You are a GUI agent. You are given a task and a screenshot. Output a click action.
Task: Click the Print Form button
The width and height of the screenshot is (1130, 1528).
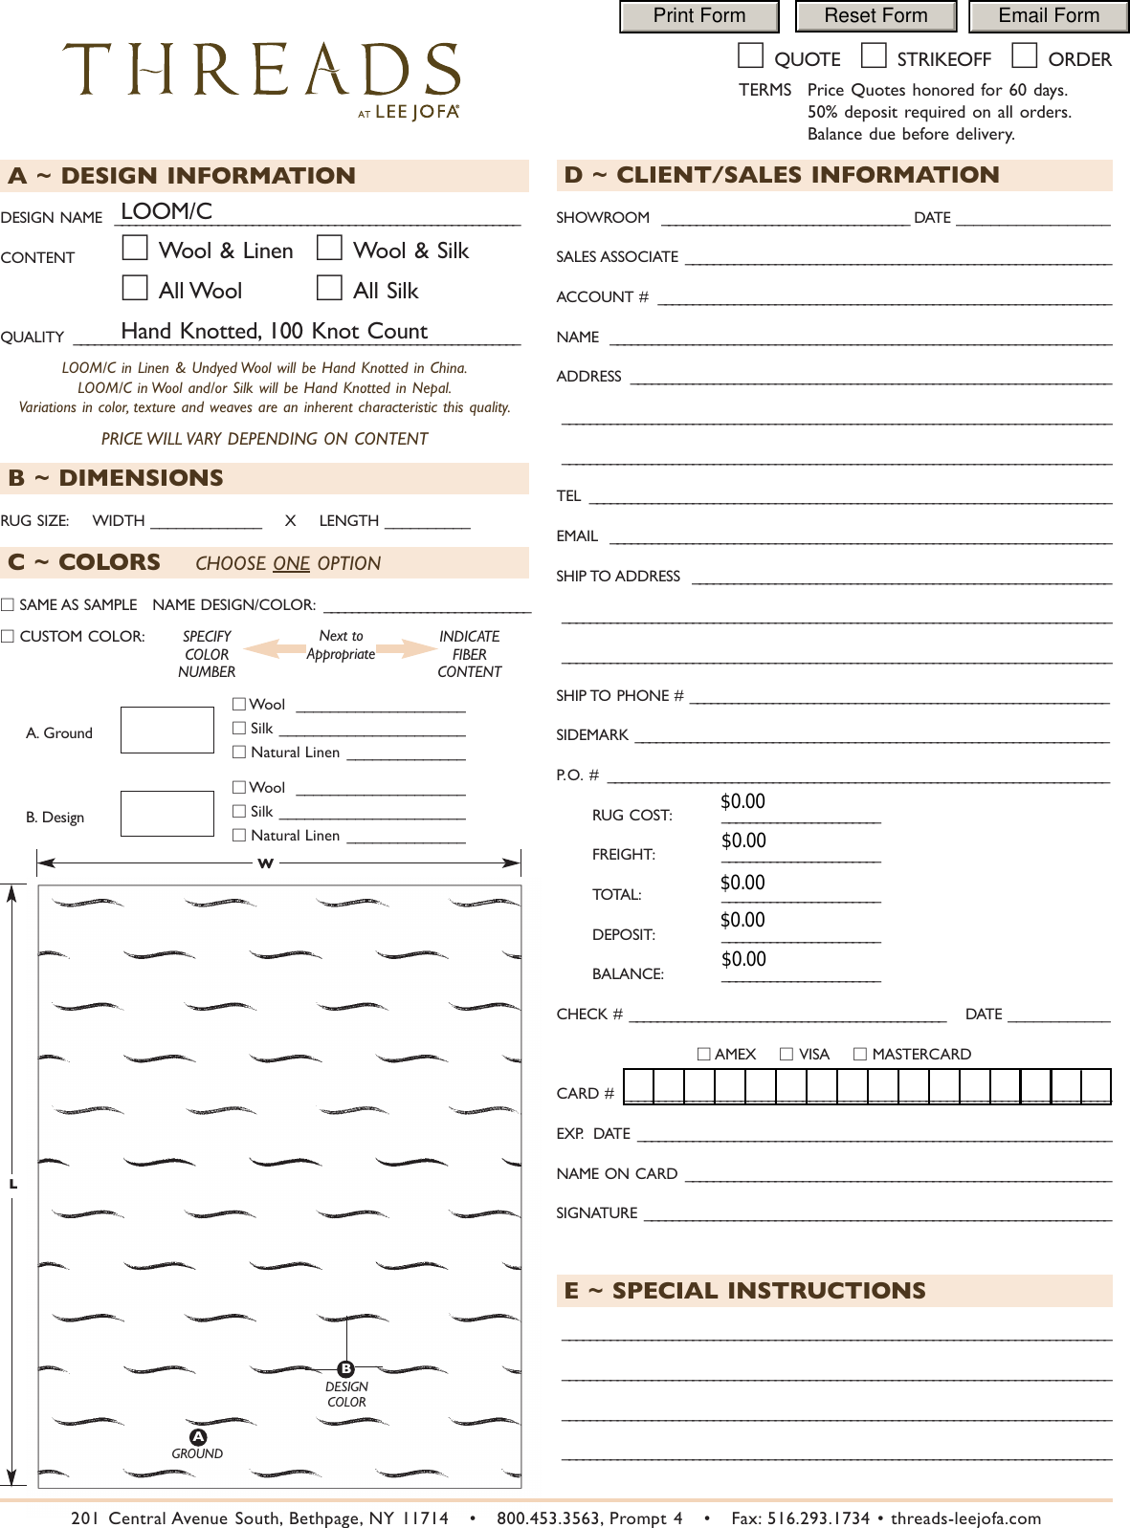coord(698,16)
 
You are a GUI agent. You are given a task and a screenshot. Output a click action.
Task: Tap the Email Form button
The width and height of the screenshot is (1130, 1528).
coord(1049,16)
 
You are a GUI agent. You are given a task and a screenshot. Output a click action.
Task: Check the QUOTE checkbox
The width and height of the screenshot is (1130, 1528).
coord(750,56)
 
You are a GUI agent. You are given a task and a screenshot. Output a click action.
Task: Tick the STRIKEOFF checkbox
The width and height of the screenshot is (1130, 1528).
coord(873,56)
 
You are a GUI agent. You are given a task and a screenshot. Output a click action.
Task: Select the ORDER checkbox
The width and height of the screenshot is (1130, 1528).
coord(1024,56)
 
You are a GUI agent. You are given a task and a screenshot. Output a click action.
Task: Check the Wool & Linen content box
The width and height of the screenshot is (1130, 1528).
coord(135,249)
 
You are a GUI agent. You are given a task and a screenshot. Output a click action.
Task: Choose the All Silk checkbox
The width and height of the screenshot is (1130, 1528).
coord(329,288)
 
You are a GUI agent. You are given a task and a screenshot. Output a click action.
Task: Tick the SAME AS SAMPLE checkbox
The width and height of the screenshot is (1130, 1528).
coord(8,604)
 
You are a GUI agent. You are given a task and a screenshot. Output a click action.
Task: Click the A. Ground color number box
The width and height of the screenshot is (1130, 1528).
coord(167,731)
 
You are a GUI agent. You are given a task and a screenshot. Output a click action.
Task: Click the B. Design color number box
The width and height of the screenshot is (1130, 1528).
coord(167,814)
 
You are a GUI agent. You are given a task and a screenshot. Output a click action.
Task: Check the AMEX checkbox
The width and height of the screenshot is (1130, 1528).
coord(704,1054)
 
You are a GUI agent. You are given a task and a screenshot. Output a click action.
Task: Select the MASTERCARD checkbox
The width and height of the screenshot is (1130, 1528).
coord(860,1054)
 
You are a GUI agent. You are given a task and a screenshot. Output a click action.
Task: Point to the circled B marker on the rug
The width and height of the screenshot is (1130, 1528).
coord(346,1369)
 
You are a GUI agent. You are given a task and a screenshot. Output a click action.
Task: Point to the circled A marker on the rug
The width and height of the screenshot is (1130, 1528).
coord(198,1437)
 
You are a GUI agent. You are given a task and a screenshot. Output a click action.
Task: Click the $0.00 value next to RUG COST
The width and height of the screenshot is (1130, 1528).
coord(743,801)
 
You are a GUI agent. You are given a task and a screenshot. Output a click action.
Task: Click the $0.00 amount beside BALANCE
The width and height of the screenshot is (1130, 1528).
coord(743,959)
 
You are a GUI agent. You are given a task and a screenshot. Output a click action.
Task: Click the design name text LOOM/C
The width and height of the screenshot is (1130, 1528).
coord(166,211)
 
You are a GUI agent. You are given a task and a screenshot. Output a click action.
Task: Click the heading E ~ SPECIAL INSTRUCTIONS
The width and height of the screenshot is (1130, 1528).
coord(744,1291)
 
